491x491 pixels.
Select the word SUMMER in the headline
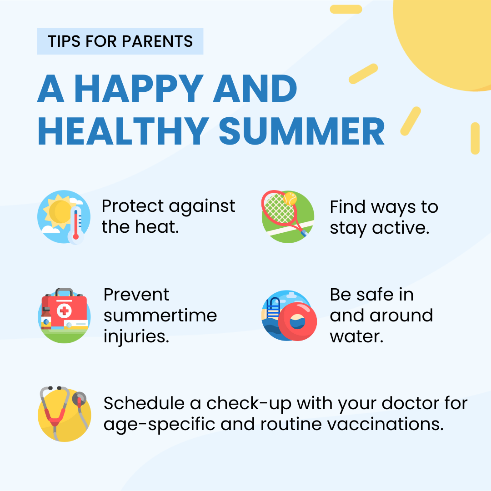302,132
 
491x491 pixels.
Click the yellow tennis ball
290,199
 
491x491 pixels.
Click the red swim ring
297,321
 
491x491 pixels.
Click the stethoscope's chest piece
80,399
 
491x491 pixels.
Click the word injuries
136,337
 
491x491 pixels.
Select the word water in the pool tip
357,337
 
